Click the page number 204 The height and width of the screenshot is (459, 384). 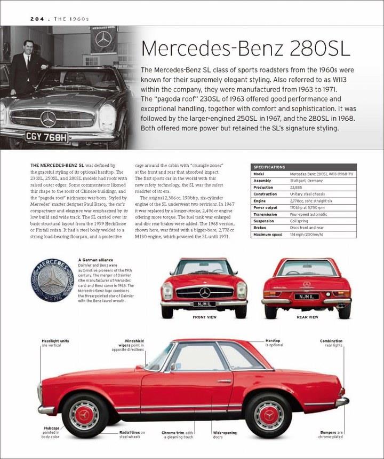(x=23, y=19)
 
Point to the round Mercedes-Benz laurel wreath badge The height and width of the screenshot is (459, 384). (x=52, y=281)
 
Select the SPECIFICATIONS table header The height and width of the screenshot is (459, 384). (x=270, y=167)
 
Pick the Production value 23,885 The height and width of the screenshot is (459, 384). (x=297, y=188)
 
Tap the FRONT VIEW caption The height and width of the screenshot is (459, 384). (x=204, y=317)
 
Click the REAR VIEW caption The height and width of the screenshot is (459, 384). (x=307, y=317)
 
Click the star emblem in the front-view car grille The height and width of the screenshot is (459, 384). (x=205, y=292)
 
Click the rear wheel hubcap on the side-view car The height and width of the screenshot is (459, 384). (x=269, y=414)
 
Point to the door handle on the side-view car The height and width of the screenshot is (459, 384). (x=224, y=381)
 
